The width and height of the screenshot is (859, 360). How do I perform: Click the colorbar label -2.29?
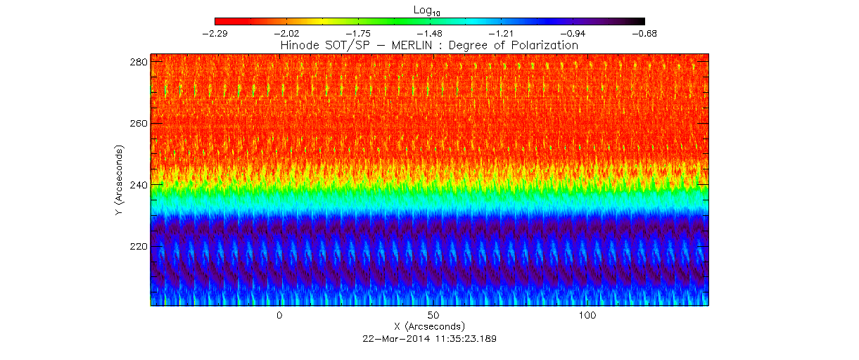pos(215,33)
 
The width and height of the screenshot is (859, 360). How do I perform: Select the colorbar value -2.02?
pos(286,33)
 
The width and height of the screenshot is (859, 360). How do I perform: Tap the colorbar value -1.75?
pos(357,33)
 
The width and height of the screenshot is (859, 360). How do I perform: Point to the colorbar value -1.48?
pos(429,33)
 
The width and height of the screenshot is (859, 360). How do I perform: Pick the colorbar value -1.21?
pos(501,33)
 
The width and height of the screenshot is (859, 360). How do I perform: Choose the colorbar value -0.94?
pos(573,33)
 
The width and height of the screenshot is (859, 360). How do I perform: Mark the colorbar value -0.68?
pos(644,33)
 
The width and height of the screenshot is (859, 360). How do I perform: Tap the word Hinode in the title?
pos(298,45)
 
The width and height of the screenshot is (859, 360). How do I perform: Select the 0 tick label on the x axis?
pos(279,315)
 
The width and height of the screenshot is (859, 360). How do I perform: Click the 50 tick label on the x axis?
pos(433,315)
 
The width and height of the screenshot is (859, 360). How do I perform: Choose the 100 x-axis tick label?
pos(587,315)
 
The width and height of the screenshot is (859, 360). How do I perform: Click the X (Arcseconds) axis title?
pos(429,326)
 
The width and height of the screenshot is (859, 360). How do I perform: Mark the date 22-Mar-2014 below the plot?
pos(393,338)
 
